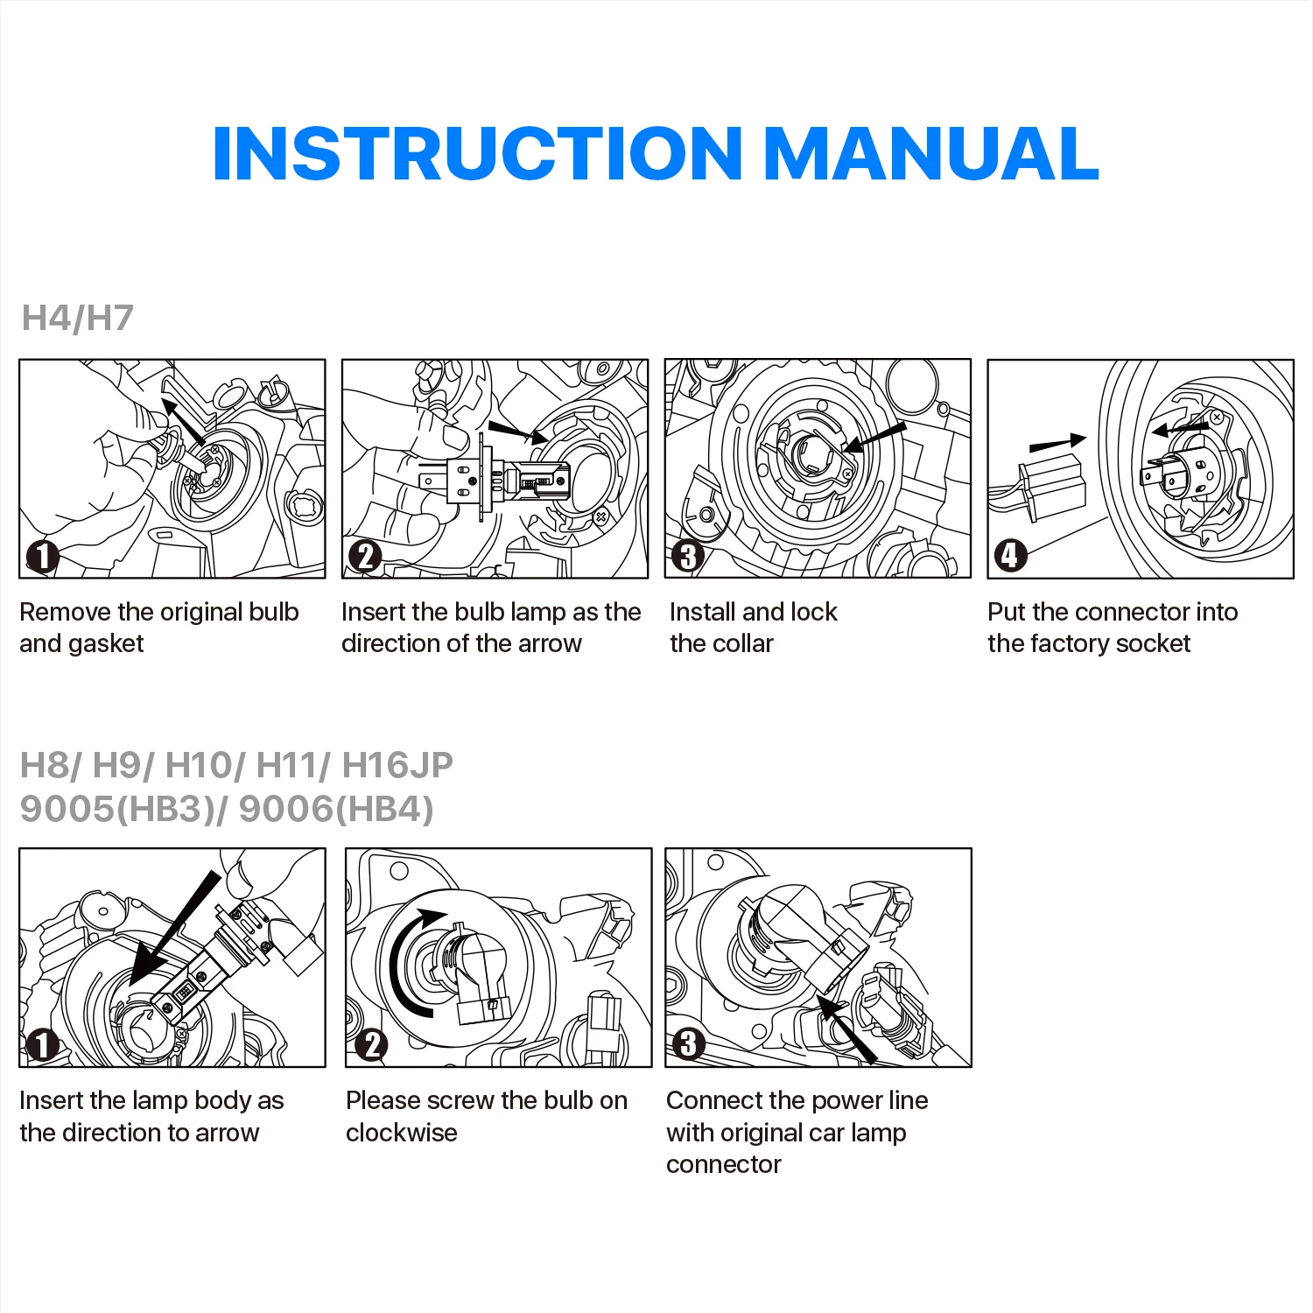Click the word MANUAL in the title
coord(931,154)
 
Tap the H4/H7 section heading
coord(77,318)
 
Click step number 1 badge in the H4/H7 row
coord(42,557)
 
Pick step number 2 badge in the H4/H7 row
coord(365,557)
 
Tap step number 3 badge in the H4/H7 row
coord(688,557)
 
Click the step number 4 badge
coord(1010,555)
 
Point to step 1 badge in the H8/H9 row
coord(42,1045)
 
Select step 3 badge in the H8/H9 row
coord(688,1044)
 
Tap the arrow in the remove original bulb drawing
coord(183,421)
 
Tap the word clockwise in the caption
coord(401,1133)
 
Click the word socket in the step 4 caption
coord(1153,644)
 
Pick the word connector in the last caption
coord(723,1165)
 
